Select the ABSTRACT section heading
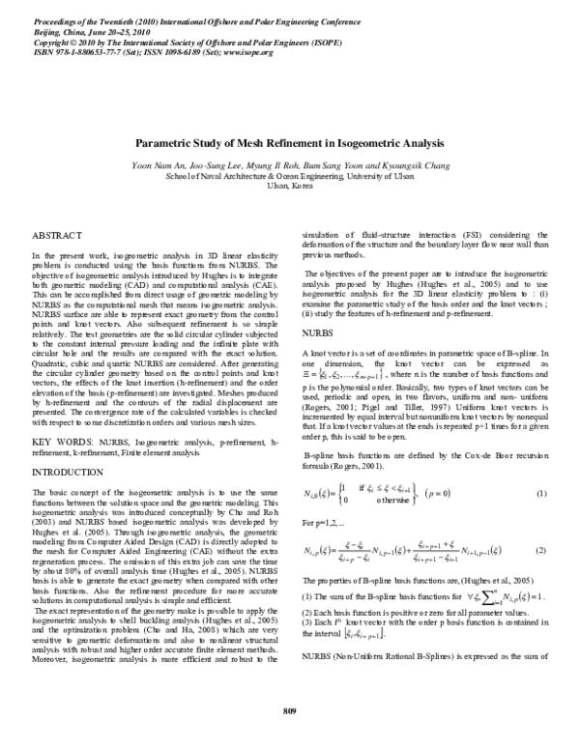(57, 236)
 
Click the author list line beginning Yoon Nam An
(289, 165)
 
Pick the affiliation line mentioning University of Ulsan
(289, 176)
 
